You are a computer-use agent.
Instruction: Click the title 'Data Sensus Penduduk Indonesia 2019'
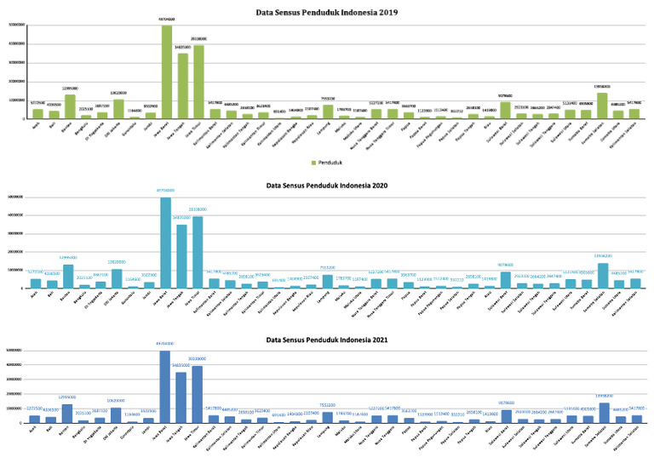point(327,14)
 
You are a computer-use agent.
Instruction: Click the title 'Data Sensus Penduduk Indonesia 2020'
point(327,184)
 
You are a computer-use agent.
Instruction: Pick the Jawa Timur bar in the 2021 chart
point(198,395)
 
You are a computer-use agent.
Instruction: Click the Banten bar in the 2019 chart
point(69,106)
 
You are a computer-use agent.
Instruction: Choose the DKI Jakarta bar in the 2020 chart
point(117,278)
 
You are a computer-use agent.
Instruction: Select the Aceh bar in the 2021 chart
point(36,419)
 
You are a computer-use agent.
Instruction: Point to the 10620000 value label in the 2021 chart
point(117,401)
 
